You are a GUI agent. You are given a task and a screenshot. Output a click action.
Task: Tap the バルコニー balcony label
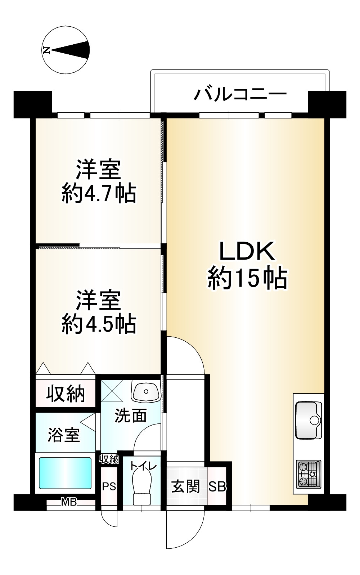tap(240, 95)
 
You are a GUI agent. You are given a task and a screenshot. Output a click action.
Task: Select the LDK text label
tap(247, 251)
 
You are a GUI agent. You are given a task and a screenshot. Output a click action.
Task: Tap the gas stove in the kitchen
tap(308, 474)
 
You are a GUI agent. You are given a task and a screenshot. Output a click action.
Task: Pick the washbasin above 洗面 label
tap(146, 391)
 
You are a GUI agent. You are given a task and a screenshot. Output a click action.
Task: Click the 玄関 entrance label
tap(185, 487)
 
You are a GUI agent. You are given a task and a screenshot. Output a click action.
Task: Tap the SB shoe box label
tap(217, 487)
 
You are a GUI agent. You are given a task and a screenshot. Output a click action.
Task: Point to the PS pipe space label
tap(109, 487)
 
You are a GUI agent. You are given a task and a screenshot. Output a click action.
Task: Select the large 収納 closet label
tap(66, 394)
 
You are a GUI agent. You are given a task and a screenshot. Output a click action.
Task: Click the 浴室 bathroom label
tap(64, 435)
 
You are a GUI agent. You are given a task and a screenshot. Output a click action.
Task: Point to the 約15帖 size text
tap(247, 278)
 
